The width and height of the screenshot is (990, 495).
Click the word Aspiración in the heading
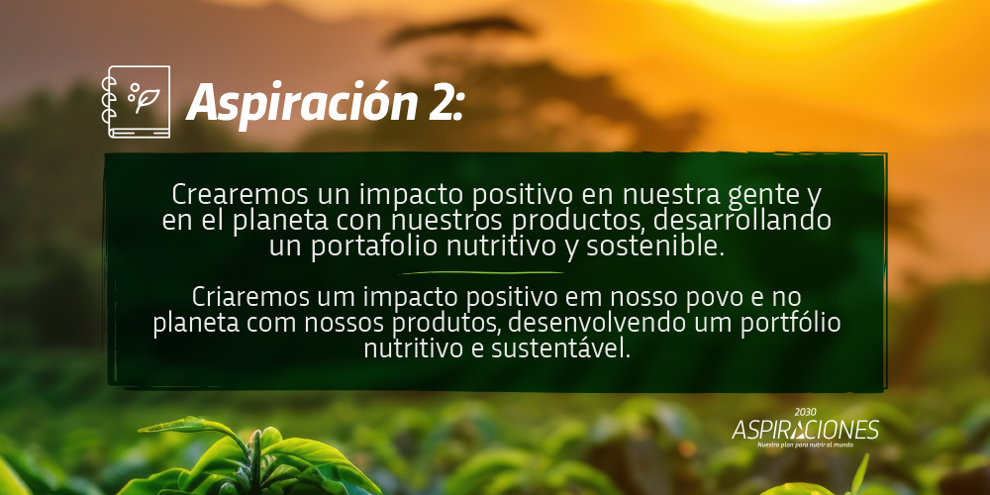coord(301,102)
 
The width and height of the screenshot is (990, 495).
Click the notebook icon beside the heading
coord(136,102)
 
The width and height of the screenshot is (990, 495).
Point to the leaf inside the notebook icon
coord(148,100)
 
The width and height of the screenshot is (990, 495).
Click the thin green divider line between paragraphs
coord(482,273)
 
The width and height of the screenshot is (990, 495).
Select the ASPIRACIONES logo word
coord(805,430)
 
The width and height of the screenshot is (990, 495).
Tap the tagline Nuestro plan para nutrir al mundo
coord(805,445)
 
